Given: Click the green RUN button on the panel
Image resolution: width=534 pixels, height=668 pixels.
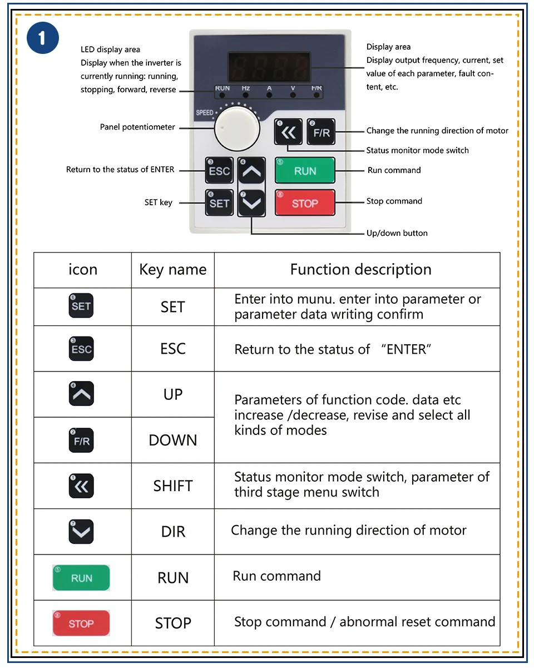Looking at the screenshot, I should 305,171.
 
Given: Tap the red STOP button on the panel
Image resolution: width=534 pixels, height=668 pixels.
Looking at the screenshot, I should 305,203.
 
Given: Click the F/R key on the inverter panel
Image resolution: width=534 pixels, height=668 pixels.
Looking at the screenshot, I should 321,132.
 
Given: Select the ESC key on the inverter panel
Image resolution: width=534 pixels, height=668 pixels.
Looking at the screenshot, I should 219,170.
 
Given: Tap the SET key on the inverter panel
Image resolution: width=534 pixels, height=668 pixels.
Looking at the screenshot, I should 219,203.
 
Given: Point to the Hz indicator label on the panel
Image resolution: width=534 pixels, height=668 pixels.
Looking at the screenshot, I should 246,88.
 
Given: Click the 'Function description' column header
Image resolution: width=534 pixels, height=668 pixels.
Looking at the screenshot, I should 360,270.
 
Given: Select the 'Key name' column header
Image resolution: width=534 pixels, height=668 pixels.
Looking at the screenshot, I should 172,270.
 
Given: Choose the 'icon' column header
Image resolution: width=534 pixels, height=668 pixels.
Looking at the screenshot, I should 82,270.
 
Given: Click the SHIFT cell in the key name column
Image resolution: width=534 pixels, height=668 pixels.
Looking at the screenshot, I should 172,486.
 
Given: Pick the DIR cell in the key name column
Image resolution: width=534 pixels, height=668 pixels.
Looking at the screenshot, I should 172,531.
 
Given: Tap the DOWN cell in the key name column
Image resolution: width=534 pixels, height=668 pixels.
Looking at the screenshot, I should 172,440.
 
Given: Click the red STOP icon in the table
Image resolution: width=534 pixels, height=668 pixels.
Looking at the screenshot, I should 81,624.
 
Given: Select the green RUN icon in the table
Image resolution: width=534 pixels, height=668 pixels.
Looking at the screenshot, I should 81,578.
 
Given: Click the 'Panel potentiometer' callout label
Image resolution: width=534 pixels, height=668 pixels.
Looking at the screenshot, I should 137,127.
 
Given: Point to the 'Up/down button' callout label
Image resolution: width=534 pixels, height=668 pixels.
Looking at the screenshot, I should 397,233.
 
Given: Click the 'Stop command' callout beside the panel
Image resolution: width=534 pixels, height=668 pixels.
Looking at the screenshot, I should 394,201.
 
